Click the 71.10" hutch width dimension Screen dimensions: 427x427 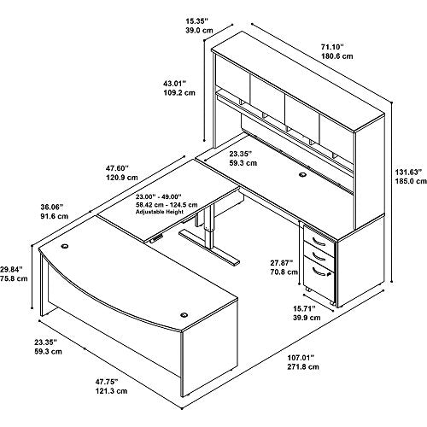[332, 46]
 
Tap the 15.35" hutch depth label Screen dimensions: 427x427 [196, 20]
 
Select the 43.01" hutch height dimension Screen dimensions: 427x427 [174, 84]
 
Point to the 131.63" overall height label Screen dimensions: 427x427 [407, 172]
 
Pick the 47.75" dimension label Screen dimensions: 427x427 [107, 382]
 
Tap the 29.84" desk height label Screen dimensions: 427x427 [11, 269]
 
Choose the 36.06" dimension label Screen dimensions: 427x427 [52, 207]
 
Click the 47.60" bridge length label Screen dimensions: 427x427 [118, 168]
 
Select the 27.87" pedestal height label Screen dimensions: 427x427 [282, 263]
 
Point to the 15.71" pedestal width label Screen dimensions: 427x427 [304, 308]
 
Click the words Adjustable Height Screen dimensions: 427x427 [159, 212]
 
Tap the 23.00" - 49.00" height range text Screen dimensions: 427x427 [158, 196]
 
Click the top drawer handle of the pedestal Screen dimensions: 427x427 [319, 242]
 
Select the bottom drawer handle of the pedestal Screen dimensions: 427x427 [320, 272]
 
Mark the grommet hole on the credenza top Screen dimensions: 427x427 [302, 175]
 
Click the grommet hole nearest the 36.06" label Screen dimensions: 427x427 [65, 246]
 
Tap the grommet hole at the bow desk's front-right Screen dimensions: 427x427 [184, 315]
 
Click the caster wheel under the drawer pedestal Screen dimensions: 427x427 [331, 302]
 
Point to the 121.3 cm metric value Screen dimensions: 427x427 [111, 391]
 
